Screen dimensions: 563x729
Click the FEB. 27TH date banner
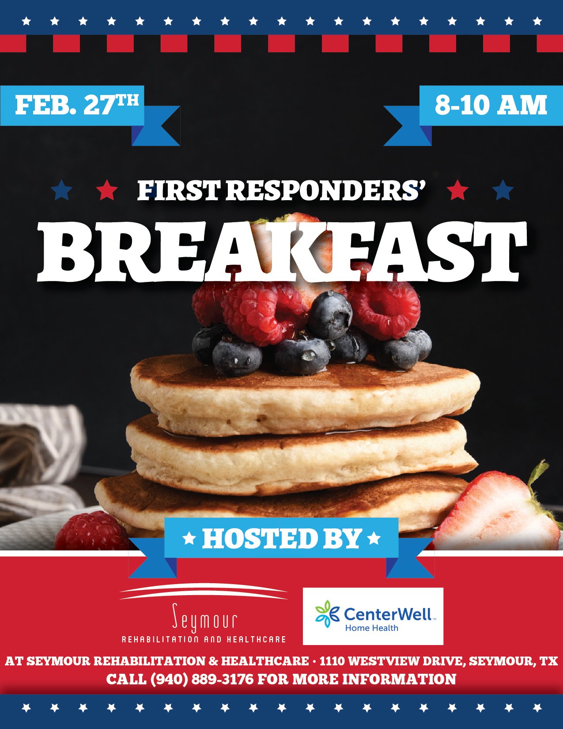[x=77, y=105]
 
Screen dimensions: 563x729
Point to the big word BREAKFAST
[x=281, y=251]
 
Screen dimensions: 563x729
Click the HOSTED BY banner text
[x=282, y=539]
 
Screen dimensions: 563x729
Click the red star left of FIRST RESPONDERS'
[x=106, y=190]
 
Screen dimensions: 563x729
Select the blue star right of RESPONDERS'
[x=503, y=190]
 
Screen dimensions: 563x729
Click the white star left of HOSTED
[x=189, y=539]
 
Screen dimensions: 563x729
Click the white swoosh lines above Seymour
[x=203, y=592]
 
